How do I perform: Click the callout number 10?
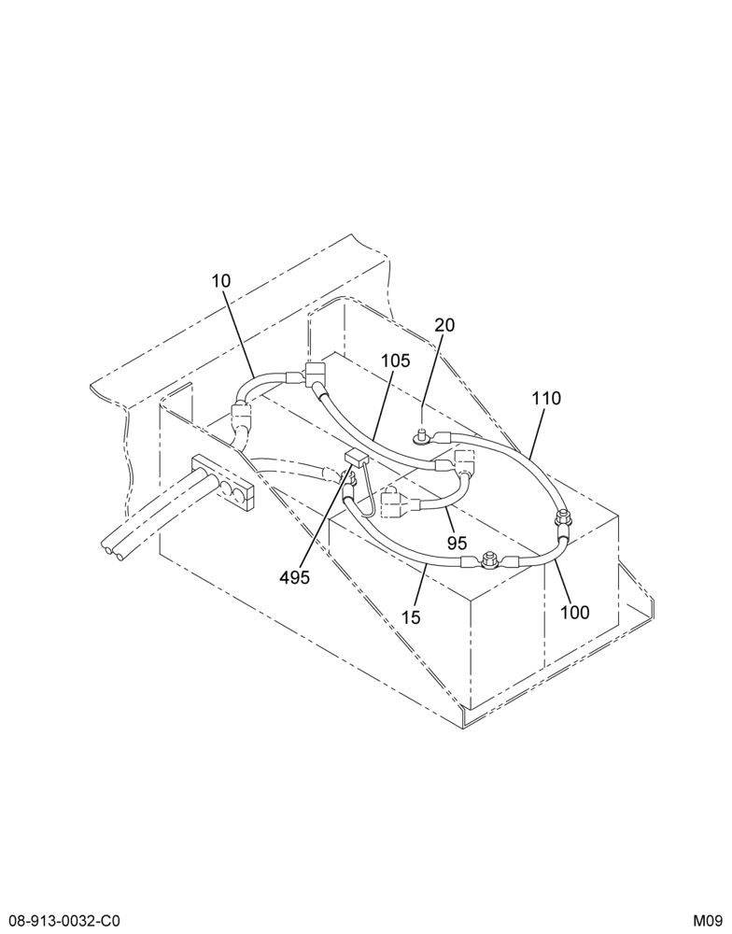tap(221, 280)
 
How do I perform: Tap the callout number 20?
tap(444, 325)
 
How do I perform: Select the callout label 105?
tap(396, 361)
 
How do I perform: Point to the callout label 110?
tap(546, 398)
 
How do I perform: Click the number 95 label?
tap(457, 543)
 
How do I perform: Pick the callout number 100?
tap(575, 612)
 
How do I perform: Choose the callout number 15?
tap(411, 617)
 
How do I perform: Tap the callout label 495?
tap(295, 576)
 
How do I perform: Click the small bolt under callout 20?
tap(422, 437)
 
